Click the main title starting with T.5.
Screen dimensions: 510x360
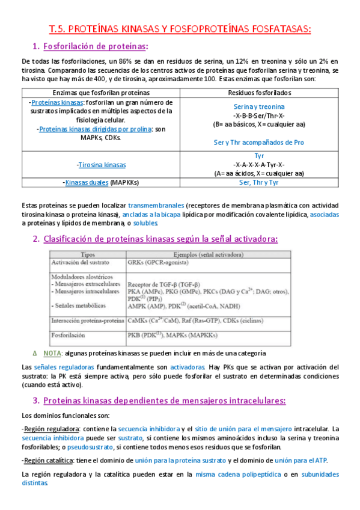[180, 28]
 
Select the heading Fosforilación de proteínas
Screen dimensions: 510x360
[96, 46]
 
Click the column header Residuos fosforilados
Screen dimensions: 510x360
[259, 93]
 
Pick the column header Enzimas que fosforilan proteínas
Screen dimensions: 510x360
[102, 93]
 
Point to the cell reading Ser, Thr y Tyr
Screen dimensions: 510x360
[259, 182]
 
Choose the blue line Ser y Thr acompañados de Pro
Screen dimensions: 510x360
[259, 143]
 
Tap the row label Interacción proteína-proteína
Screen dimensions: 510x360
[85, 319]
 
